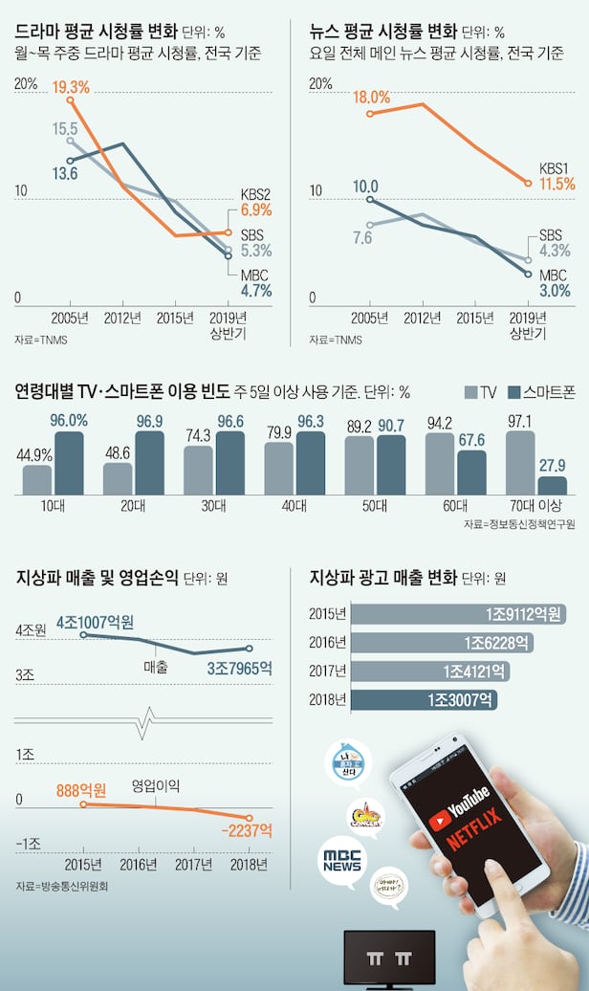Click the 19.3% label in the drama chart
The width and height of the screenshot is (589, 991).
[70, 87]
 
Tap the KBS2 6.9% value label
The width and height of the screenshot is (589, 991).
[256, 209]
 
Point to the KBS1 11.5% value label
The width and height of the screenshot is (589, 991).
[556, 183]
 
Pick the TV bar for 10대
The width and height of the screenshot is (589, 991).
[37, 479]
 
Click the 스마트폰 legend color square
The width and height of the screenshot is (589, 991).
[516, 391]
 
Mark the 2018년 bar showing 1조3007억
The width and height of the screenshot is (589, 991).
[425, 700]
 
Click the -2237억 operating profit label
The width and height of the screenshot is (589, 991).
[247, 829]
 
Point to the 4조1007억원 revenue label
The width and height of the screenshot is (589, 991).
[98, 622]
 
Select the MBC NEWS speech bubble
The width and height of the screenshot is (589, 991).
[342, 859]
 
